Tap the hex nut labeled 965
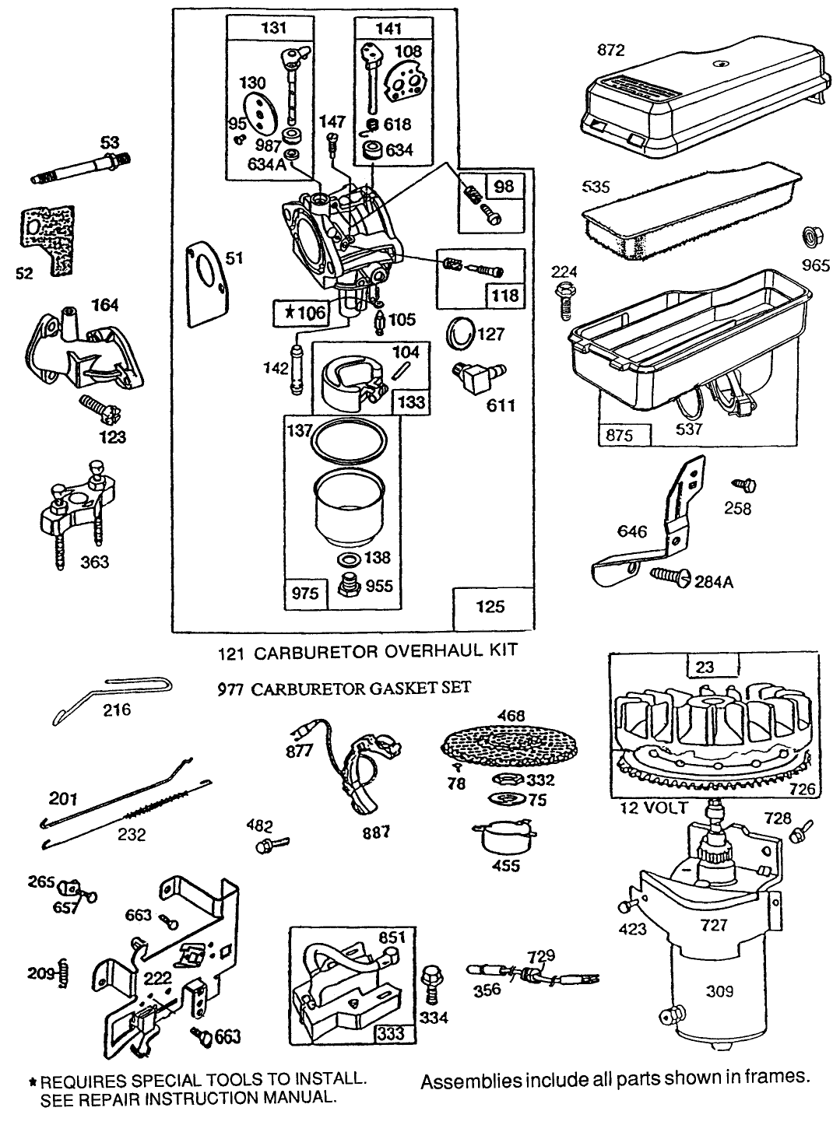pyautogui.click(x=810, y=236)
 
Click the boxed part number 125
pyautogui.click(x=493, y=606)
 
